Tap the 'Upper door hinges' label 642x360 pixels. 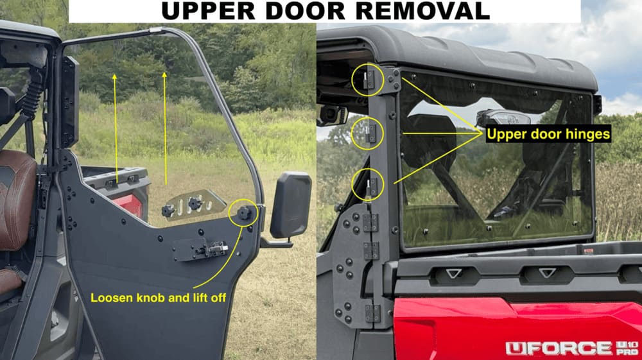pyautogui.click(x=548, y=135)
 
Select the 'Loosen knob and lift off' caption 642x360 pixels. pyautogui.click(x=158, y=298)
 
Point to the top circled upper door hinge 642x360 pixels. pyautogui.click(x=367, y=80)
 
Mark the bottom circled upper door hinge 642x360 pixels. pyautogui.click(x=368, y=186)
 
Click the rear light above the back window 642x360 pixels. pyautogui.click(x=503, y=117)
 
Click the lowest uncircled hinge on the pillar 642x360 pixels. pyautogui.click(x=371, y=312)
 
